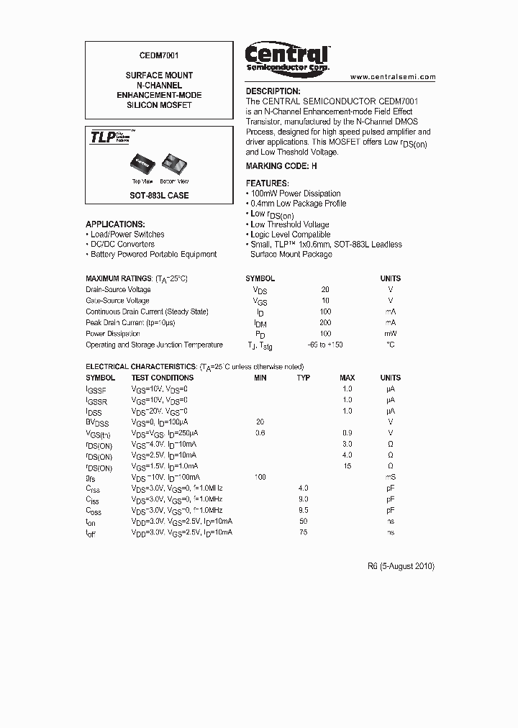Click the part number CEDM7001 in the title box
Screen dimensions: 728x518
point(158,55)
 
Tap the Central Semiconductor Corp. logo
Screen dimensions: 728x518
point(287,57)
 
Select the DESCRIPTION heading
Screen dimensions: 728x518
point(273,91)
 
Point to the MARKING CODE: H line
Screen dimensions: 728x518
point(281,166)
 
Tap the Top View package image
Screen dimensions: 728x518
point(141,165)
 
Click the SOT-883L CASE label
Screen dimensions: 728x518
point(159,196)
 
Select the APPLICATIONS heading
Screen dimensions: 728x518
point(115,224)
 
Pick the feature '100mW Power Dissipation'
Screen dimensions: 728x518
point(294,194)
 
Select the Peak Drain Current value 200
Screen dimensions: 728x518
point(325,323)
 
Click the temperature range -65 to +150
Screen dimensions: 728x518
point(325,345)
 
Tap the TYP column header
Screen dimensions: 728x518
point(304,378)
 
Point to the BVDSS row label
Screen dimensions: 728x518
point(98,422)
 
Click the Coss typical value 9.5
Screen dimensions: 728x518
point(304,509)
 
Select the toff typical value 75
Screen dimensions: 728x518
point(304,532)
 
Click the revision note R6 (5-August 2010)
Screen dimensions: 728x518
point(401,566)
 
